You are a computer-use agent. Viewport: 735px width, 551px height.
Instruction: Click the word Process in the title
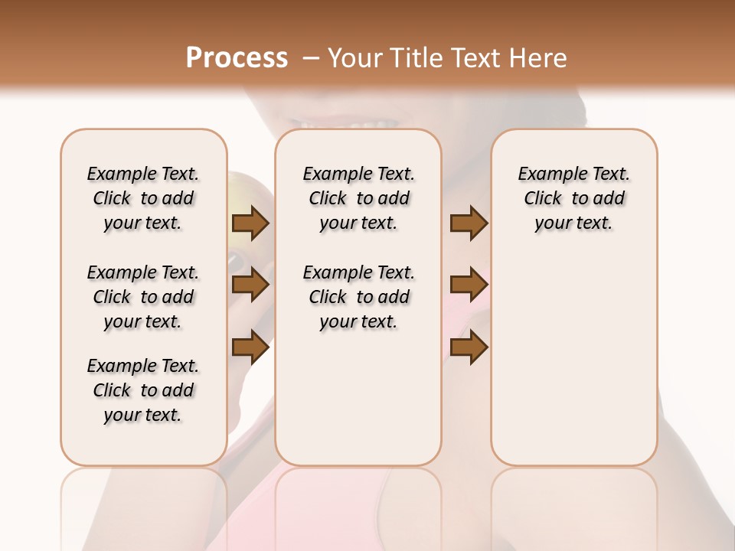pyautogui.click(x=237, y=58)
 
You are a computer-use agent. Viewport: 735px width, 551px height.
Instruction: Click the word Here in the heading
pyautogui.click(x=537, y=58)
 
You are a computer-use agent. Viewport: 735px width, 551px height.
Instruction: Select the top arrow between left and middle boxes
pyautogui.click(x=250, y=223)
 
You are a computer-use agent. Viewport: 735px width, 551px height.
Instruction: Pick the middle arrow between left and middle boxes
pyautogui.click(x=250, y=285)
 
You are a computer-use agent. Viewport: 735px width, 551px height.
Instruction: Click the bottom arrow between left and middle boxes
pyautogui.click(x=250, y=347)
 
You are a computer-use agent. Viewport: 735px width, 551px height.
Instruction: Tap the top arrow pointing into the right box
pyautogui.click(x=469, y=223)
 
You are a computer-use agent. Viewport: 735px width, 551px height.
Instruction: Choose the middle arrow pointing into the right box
pyautogui.click(x=469, y=285)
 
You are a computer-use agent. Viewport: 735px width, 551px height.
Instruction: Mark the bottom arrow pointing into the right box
pyautogui.click(x=469, y=347)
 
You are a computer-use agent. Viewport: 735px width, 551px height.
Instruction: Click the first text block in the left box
pyautogui.click(x=143, y=198)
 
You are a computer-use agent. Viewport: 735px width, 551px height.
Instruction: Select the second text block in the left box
pyautogui.click(x=143, y=297)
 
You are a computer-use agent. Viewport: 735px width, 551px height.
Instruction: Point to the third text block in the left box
pyautogui.click(x=143, y=390)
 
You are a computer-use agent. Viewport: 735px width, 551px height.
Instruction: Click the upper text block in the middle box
pyautogui.click(x=358, y=198)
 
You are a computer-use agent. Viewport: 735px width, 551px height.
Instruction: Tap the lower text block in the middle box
pyautogui.click(x=358, y=297)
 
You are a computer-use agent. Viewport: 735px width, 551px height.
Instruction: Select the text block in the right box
pyautogui.click(x=573, y=198)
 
